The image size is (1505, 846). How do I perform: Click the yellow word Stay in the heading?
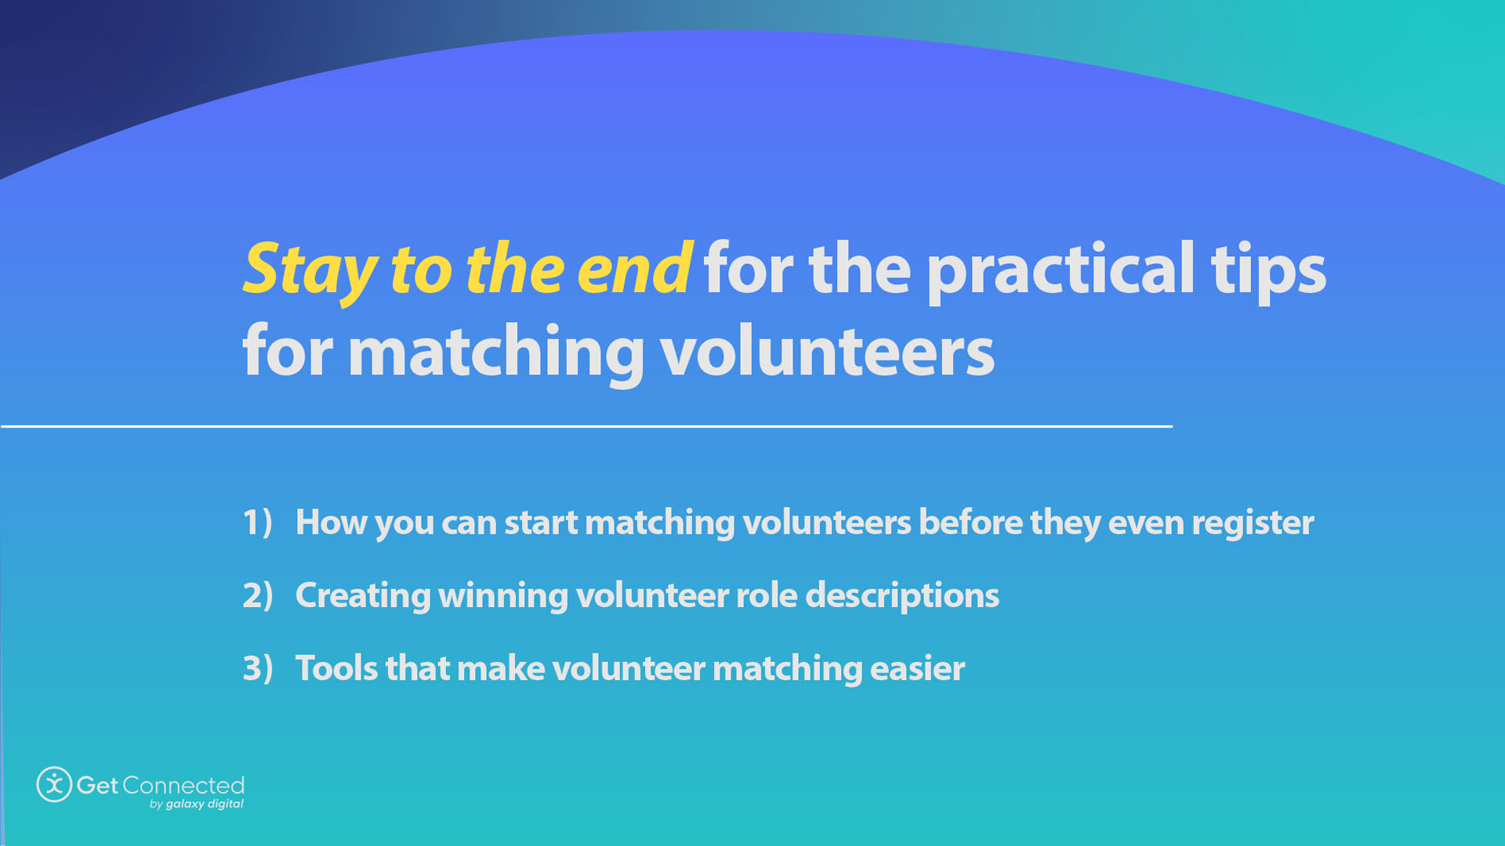pos(310,270)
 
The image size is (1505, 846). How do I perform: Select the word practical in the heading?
pos(1061,270)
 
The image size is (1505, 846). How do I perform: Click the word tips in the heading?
pos(1268,270)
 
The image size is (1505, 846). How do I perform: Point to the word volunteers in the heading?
pos(827,352)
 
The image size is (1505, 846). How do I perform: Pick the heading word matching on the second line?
pos(495,352)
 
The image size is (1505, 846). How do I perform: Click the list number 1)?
pos(257,522)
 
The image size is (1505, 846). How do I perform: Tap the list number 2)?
pos(257,595)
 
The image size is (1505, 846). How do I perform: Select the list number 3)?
pos(257,668)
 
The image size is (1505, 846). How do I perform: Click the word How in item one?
pos(330,522)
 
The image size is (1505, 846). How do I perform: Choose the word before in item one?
pos(970,522)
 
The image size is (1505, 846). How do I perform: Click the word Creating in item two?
pos(362,595)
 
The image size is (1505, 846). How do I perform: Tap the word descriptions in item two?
pos(901,595)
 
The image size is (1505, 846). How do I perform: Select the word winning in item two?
pos(502,595)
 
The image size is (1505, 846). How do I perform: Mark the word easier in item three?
pos(916,668)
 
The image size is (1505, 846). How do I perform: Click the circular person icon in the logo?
pos(54,784)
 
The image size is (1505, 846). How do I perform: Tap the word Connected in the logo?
pos(183,785)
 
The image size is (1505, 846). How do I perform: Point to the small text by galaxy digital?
pos(196,804)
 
